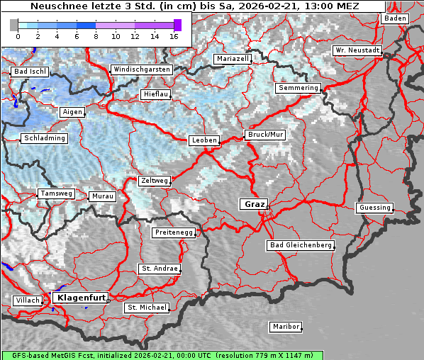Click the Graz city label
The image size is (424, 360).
[254, 204]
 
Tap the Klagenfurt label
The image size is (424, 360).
[81, 298]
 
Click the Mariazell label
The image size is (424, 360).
[233, 58]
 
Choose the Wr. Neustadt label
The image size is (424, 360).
[357, 51]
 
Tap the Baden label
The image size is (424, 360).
[395, 18]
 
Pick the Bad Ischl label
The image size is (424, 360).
[30, 72]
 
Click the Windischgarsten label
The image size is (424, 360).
[141, 69]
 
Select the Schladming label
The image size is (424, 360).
[45, 138]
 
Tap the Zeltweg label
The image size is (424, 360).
[155, 181]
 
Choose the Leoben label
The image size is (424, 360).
[204, 140]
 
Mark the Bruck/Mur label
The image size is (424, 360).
[265, 134]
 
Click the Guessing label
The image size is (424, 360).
[374, 208]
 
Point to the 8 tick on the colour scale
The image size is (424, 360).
[96, 35]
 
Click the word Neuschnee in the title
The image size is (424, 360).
[55, 6]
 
